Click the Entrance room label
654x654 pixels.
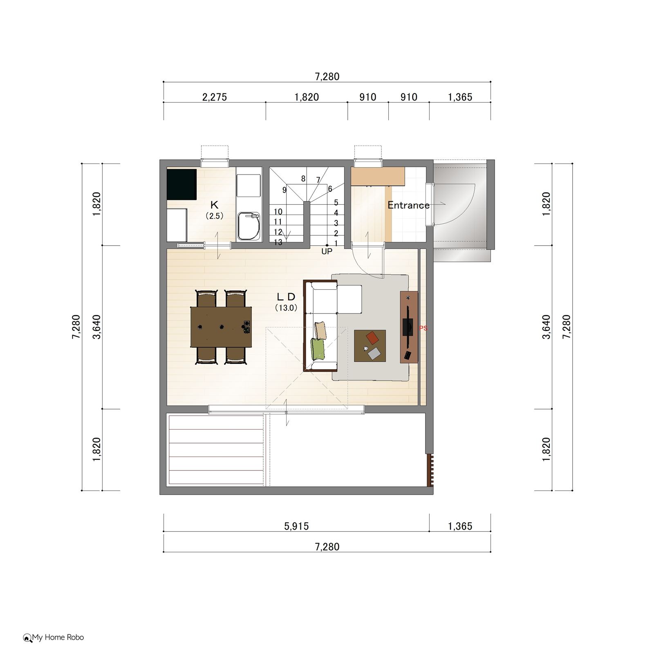point(408,205)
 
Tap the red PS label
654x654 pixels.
point(423,328)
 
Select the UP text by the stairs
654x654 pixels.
point(327,252)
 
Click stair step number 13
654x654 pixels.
point(278,242)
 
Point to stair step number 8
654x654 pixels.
point(303,179)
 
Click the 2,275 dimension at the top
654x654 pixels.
point(215,97)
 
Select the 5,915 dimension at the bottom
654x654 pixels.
point(296,526)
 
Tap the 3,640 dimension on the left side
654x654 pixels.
point(97,327)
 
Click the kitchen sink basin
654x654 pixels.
point(249,226)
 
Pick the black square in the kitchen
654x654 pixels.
point(182,184)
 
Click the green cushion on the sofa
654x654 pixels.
point(318,349)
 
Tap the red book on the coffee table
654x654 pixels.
point(372,338)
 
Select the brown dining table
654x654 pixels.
point(221,327)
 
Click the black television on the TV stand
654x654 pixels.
point(408,327)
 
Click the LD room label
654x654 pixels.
point(286,297)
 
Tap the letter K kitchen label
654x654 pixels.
point(214,205)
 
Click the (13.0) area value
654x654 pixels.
point(286,308)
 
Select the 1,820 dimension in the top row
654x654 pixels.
point(307,97)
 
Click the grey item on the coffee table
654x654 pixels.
point(374,353)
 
